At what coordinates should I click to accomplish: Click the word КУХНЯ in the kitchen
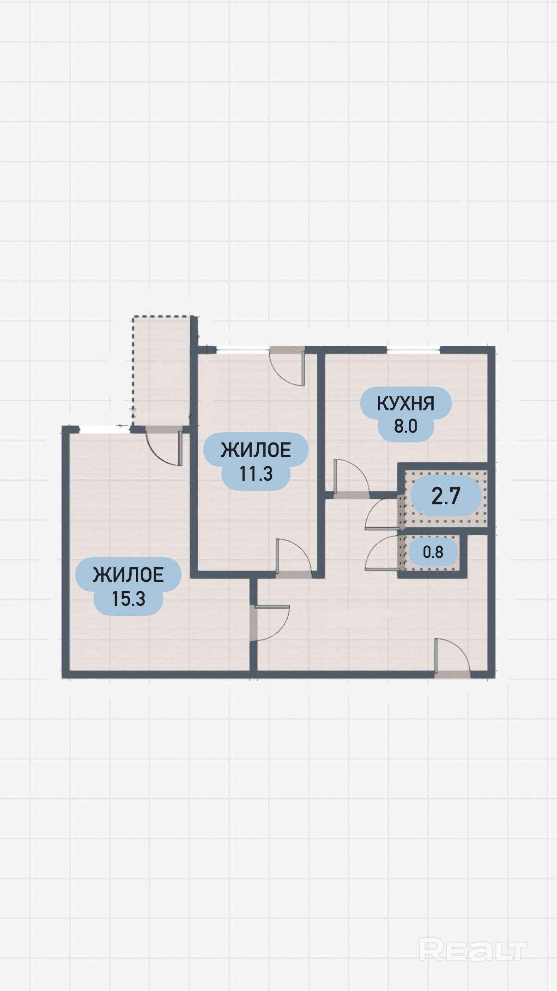point(406,404)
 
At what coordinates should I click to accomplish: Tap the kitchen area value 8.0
point(406,426)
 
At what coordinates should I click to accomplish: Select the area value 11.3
point(256,474)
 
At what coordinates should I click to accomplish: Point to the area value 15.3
point(128,599)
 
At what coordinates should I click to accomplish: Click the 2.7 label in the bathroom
point(446,496)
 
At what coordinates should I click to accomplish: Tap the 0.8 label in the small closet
point(433,552)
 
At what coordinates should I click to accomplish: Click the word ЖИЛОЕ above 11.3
point(256,450)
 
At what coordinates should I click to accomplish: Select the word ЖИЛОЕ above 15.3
point(128,575)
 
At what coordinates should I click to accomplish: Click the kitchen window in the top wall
point(413,350)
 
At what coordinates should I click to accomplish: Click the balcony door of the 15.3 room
point(164,447)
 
